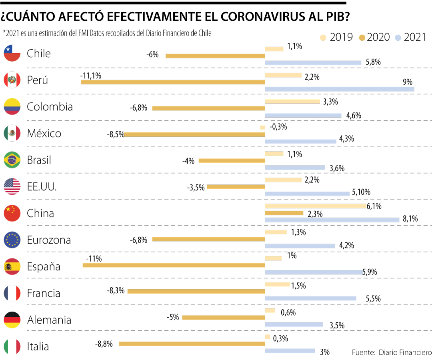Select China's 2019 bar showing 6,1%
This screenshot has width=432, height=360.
click(316, 206)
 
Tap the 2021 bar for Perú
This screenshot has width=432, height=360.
click(340, 89)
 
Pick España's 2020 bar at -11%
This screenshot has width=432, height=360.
click(174, 265)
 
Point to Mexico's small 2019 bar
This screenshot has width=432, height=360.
click(262, 128)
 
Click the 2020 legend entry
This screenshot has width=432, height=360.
click(374, 37)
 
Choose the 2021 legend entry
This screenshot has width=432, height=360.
click(410, 37)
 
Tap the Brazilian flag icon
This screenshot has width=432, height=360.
click(12, 160)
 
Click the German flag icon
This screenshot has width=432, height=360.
click(12, 320)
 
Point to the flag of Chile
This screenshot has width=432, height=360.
click(12, 53)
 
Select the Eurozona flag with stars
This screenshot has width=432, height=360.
click(12, 240)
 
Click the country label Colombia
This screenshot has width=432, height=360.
click(50, 107)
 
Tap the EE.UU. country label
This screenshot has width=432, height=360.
click(42, 187)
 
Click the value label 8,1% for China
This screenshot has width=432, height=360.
click(410, 219)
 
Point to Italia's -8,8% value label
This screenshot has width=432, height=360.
click(104, 344)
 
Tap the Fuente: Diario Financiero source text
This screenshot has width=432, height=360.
click(392, 352)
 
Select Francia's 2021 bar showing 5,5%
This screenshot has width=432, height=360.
click(310, 298)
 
